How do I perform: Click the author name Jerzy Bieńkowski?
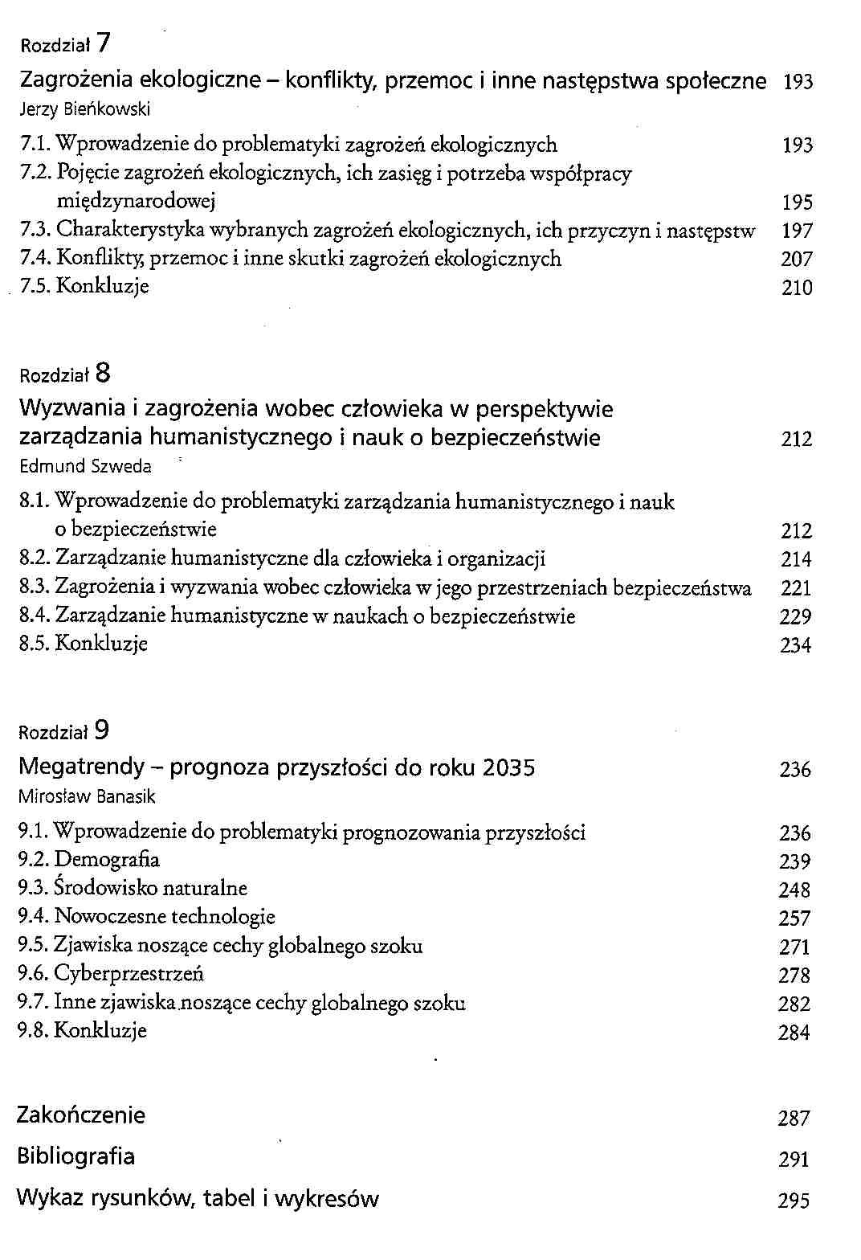point(84,109)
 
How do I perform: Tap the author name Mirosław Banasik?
point(87,797)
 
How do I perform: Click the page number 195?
point(797,202)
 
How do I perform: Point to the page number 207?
point(797,260)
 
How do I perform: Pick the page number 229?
point(796,617)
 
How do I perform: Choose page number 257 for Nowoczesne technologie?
point(794,918)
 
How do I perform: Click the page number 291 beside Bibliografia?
point(794,1160)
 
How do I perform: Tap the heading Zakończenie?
point(81,1115)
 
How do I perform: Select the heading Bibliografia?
point(76,1157)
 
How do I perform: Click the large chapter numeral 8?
point(102,373)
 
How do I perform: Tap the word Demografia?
point(107,860)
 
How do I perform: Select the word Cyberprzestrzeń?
point(129,974)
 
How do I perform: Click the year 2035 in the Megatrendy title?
point(509,768)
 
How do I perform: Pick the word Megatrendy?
point(81,768)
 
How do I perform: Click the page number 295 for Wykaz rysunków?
point(794,1201)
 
